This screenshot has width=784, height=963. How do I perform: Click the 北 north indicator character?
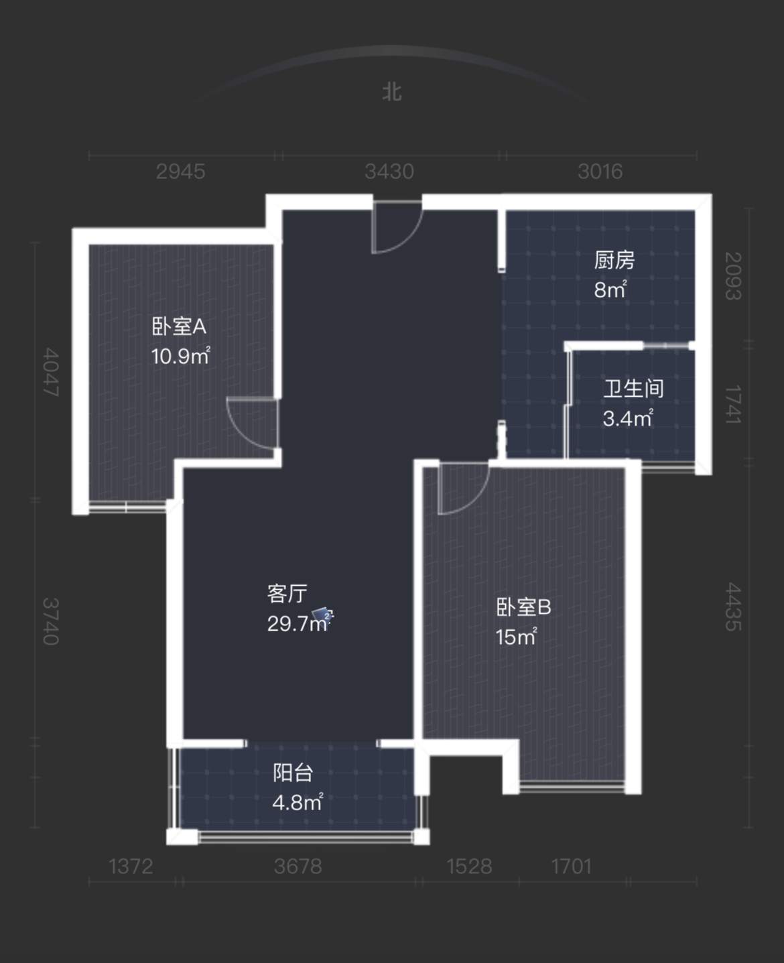[392, 92]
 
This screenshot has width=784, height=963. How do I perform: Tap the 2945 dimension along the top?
[180, 172]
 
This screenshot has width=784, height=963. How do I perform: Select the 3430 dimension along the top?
[389, 172]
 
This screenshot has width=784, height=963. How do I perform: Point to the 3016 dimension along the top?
[600, 172]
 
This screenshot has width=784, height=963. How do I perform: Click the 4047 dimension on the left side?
[51, 372]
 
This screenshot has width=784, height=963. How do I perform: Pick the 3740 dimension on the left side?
[51, 622]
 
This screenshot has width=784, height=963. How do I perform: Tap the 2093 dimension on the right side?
[733, 276]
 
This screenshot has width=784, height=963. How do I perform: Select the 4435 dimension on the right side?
[733, 606]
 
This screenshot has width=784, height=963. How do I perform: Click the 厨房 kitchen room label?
[614, 260]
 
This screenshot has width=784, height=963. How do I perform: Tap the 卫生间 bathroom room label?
[633, 389]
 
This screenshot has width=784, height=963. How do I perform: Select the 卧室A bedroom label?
[179, 326]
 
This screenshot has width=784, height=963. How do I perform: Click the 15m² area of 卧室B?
[517, 637]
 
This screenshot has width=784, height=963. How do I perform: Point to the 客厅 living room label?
[287, 594]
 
